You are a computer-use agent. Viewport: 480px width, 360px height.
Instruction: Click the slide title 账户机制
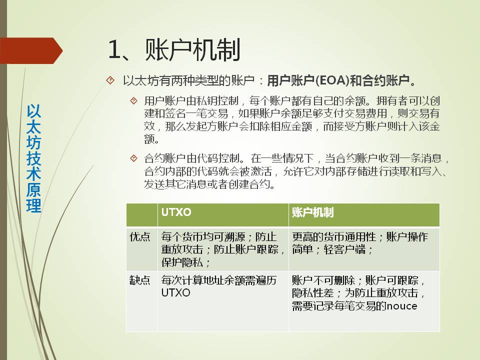192,50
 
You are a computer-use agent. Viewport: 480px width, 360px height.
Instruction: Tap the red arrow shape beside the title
30,50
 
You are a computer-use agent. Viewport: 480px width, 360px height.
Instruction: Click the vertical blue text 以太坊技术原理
33,158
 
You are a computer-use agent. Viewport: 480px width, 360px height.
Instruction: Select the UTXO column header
176,212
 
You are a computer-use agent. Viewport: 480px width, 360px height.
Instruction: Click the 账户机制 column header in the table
312,212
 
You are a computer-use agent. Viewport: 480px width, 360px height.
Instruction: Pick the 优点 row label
140,236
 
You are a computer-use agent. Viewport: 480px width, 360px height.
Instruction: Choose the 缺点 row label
140,280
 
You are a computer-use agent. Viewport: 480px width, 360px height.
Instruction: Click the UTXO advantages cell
223,249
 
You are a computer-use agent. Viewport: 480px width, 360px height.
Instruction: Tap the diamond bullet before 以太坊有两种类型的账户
110,80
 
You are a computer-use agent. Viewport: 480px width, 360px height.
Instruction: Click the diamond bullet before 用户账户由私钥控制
134,100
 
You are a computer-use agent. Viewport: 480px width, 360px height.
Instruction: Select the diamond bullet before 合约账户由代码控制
134,158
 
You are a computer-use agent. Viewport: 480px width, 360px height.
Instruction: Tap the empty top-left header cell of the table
142,215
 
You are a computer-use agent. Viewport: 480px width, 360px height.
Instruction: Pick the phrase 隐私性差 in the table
312,293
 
